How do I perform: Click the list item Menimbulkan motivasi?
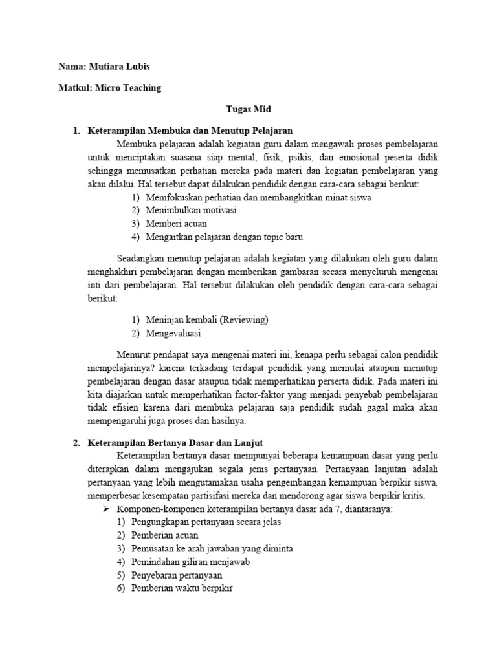point(191,211)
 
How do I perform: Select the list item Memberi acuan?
point(175,224)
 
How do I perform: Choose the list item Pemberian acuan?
point(164,535)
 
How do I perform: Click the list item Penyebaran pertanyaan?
point(176,575)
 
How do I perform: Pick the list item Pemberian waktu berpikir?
point(181,588)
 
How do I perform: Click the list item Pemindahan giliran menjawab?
point(190,562)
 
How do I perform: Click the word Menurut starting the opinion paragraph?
point(133,354)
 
